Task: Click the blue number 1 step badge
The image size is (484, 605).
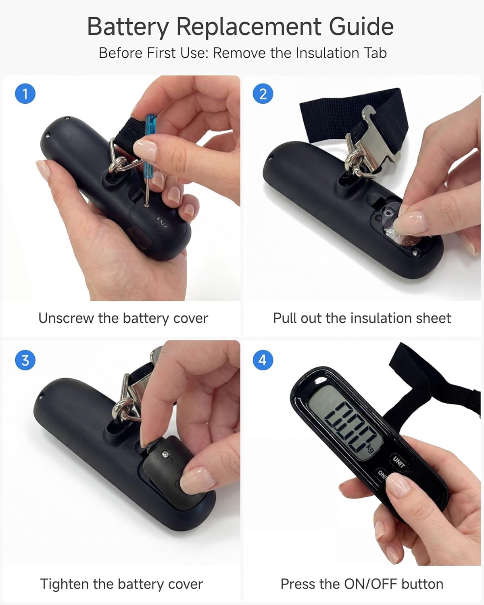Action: (x=25, y=94)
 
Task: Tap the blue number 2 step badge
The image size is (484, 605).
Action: (x=263, y=94)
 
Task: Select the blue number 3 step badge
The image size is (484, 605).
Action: (x=25, y=360)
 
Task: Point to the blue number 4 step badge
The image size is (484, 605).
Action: (x=263, y=360)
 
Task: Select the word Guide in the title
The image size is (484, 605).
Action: (x=361, y=27)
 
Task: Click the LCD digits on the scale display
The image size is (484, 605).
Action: (x=350, y=426)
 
